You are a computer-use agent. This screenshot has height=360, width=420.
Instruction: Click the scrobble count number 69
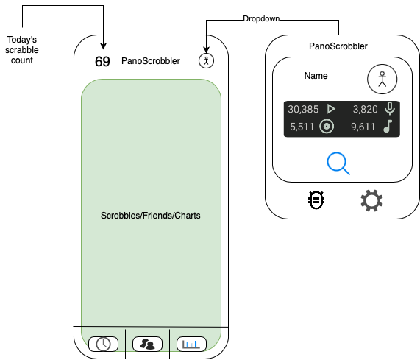102,61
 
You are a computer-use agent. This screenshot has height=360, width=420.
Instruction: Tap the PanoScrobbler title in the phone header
150,61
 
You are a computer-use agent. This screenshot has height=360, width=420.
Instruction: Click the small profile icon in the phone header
207,61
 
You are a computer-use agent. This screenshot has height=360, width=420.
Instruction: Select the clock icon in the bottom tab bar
103,344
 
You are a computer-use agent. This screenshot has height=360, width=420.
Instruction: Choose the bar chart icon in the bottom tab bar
191,344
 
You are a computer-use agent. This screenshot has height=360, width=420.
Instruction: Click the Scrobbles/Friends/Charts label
150,216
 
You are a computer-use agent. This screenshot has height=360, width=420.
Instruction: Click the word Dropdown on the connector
262,18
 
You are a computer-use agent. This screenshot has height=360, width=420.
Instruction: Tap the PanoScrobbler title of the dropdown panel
338,46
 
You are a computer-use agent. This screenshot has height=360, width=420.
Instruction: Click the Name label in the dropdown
316,76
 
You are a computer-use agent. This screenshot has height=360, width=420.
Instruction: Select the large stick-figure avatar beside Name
382,78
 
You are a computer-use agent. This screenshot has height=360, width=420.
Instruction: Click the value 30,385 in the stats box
303,109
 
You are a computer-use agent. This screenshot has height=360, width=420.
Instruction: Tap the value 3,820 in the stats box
365,109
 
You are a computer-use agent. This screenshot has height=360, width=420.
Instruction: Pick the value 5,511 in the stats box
302,127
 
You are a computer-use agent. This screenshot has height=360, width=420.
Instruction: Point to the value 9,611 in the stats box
364,127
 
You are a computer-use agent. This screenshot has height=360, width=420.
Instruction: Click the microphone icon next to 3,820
389,109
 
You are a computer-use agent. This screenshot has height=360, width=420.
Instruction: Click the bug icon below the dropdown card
317,200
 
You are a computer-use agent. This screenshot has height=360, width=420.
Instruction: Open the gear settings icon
372,201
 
